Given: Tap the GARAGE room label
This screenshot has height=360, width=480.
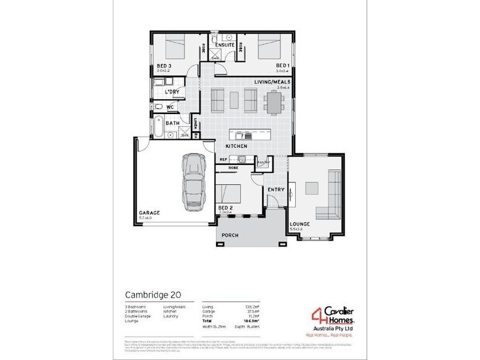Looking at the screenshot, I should (x=149, y=213).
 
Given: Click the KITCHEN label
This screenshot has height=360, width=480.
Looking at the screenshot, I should (x=236, y=146).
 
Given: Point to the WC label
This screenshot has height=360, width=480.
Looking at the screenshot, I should (x=170, y=107).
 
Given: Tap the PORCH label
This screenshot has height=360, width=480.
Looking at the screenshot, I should (x=230, y=235).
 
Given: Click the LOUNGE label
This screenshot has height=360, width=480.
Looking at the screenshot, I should (x=299, y=224).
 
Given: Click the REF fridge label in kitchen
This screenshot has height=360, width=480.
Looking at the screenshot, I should (x=223, y=160).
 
